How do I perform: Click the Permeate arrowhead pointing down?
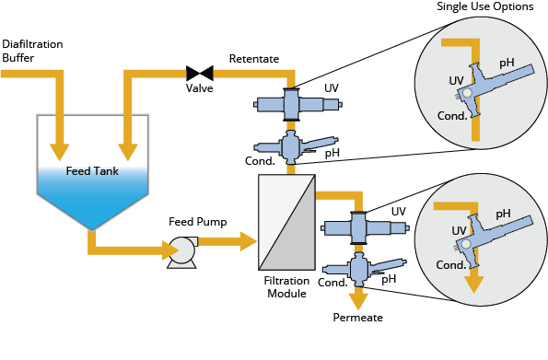click(357, 300)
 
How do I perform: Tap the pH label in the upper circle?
click(507, 63)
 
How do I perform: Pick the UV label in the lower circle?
click(458, 230)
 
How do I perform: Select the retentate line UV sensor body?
click(290, 103)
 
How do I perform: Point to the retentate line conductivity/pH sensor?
click(291, 145)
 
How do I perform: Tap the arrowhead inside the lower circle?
click(473, 284)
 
